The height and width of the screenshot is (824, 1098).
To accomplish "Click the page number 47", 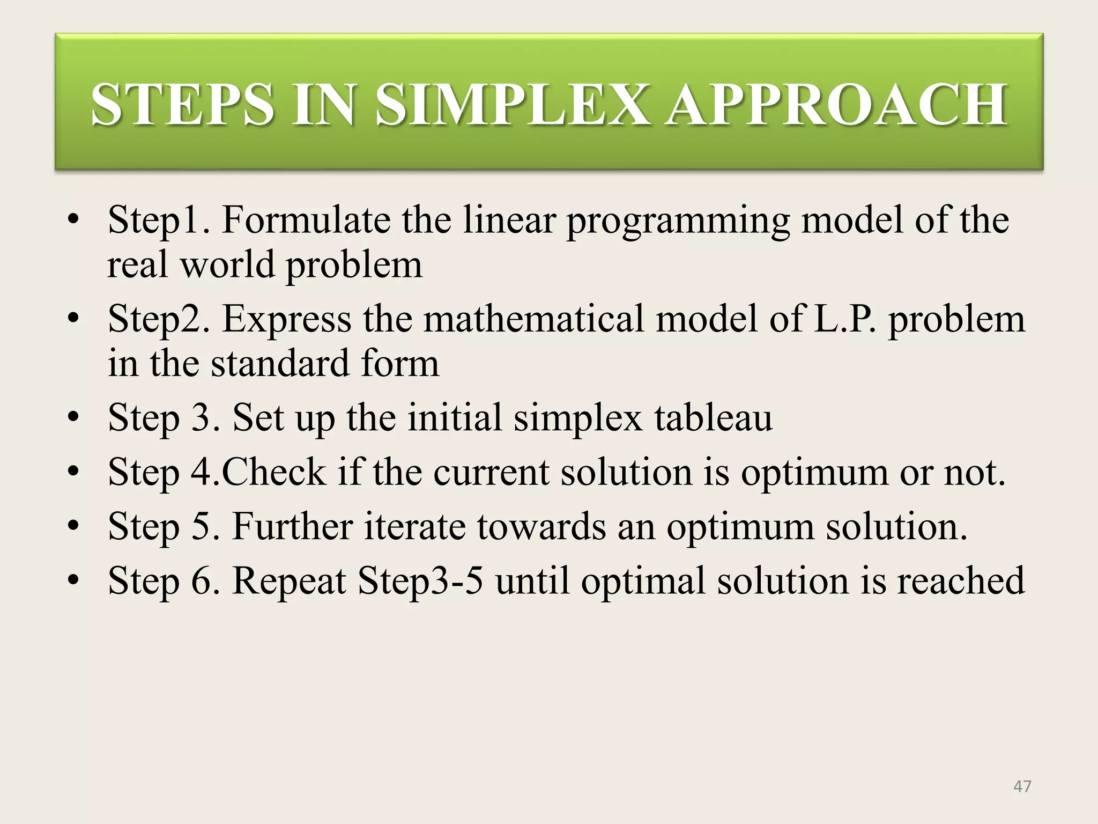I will tap(1022, 786).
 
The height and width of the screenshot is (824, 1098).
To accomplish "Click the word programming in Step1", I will tap(678, 221).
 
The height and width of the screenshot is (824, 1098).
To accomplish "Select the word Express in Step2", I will tap(287, 320).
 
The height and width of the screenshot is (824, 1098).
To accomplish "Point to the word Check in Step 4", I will tap(273, 472).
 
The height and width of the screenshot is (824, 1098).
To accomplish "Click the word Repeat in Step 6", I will tap(289, 581).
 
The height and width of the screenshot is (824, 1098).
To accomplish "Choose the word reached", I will tap(961, 581).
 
